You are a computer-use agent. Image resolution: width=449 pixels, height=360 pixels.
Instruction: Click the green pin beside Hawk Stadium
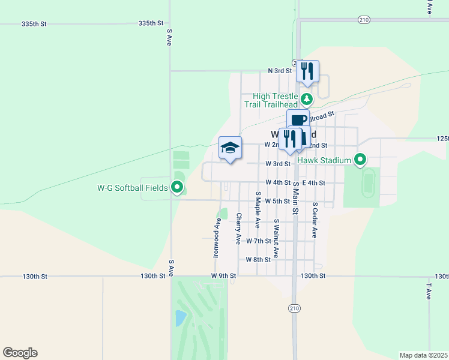point(360,160)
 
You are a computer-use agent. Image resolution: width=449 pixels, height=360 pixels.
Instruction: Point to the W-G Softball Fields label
point(132,188)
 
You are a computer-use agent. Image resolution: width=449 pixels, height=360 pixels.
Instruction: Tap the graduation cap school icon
point(230,149)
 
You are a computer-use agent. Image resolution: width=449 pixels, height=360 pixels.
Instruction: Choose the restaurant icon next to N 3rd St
point(307,71)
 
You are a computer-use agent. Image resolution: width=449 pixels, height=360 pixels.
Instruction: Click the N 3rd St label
point(279,71)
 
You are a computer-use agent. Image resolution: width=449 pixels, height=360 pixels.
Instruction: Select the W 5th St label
point(277,201)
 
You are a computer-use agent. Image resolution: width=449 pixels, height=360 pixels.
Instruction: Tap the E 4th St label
point(313,183)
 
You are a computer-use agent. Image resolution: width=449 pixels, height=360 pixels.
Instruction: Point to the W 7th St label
point(259,241)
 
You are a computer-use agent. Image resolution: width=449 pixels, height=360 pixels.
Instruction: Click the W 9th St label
point(224,276)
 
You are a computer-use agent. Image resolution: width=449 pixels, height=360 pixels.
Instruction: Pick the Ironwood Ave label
point(217,238)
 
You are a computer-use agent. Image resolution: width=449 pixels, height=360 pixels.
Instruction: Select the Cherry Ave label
point(238,229)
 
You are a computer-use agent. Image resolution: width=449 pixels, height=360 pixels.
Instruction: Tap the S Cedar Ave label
point(314,220)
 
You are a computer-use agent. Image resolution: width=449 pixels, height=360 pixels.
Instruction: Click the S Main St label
point(295,197)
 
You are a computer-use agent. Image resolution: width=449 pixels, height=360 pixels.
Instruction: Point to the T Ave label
point(429,291)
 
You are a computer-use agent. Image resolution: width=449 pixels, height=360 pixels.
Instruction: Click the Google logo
point(20,353)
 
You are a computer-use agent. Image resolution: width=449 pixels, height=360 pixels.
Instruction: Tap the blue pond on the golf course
point(181,318)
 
